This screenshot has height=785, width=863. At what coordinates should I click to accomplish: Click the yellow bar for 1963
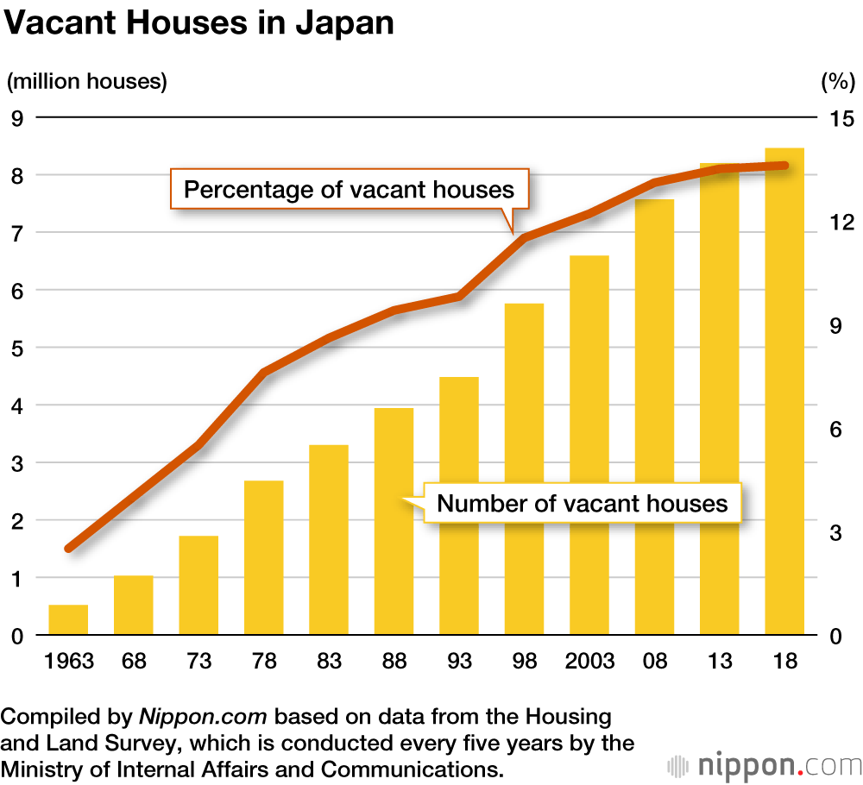tap(68, 620)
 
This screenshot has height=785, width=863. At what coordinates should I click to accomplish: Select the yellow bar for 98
tap(524, 469)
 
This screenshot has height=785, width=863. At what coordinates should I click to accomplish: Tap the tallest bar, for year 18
tap(784, 392)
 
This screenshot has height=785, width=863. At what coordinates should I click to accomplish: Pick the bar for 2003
tap(589, 445)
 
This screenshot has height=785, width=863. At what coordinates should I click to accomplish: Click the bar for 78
tap(263, 557)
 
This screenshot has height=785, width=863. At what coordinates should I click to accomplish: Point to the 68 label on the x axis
tap(134, 662)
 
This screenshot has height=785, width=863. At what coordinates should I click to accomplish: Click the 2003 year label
tap(589, 662)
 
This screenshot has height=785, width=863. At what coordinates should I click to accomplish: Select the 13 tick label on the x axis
tap(719, 662)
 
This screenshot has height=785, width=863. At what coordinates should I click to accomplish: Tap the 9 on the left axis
tap(16, 118)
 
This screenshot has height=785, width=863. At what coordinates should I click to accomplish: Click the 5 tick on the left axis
tap(16, 349)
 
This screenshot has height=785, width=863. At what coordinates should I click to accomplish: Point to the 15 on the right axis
tap(835, 118)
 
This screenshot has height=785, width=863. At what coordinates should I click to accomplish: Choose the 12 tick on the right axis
tap(835, 222)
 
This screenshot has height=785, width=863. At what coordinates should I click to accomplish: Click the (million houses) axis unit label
tap(87, 82)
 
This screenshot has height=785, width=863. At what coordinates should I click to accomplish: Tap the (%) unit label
tap(835, 82)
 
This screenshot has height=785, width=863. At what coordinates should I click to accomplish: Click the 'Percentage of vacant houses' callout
tap(349, 189)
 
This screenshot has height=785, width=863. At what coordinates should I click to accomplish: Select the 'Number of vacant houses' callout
tap(582, 502)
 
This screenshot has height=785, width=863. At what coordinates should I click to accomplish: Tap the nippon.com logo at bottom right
tap(765, 764)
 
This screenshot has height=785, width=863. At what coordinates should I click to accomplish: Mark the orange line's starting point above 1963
tap(69, 548)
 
